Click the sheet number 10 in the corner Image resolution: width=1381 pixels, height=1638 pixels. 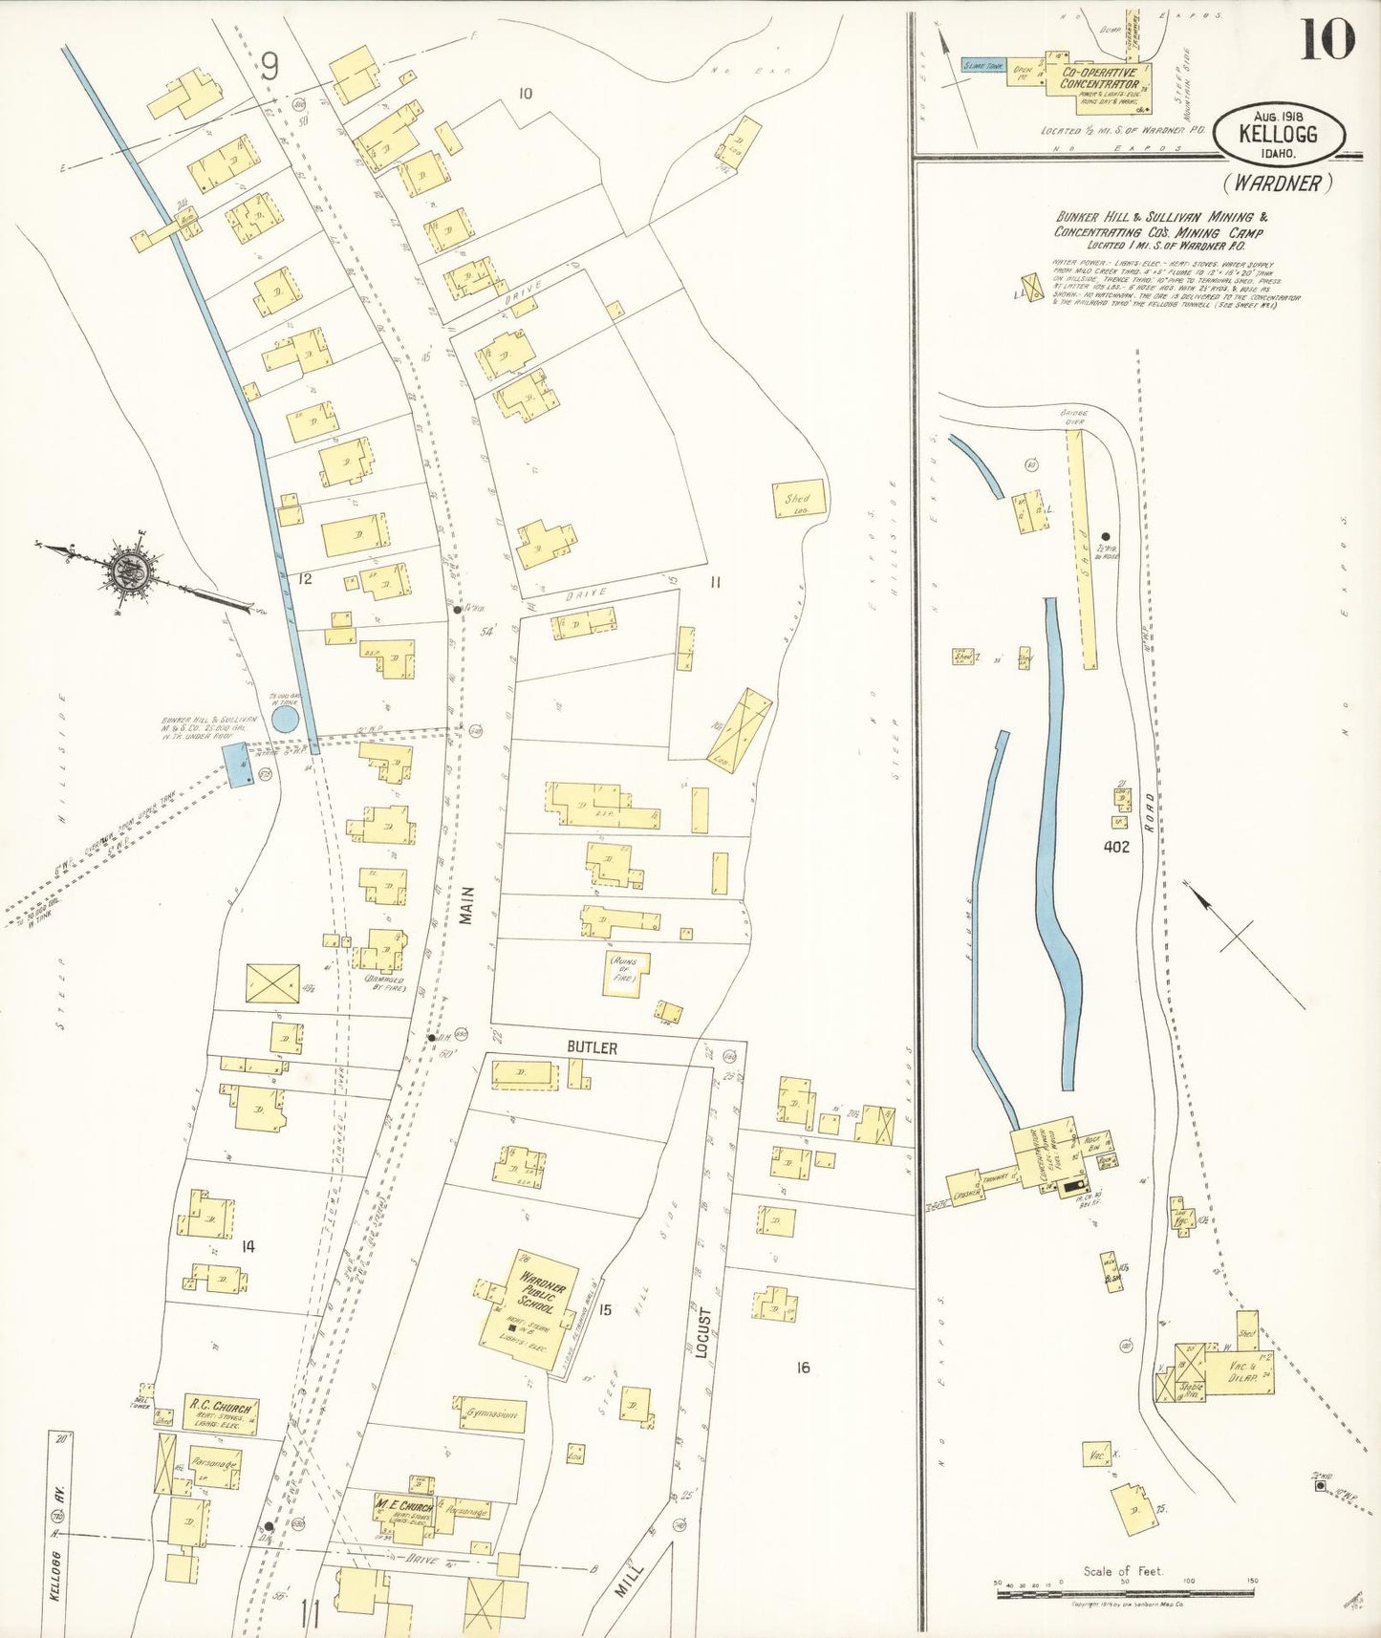pyautogui.click(x=1327, y=40)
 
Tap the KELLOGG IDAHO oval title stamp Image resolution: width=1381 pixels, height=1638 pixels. pyautogui.click(x=1279, y=134)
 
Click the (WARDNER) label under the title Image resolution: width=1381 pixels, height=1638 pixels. pyautogui.click(x=1278, y=183)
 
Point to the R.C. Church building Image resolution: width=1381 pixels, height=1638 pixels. pyautogui.click(x=221, y=1414)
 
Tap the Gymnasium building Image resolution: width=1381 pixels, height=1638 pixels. pyautogui.click(x=490, y=1413)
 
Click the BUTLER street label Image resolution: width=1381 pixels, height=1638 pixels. pyautogui.click(x=592, y=1048)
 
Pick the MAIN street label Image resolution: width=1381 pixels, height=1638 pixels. pyautogui.click(x=466, y=903)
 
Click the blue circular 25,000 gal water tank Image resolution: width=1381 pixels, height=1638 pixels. pyautogui.click(x=285, y=719)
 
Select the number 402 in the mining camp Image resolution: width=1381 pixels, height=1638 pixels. pyautogui.click(x=1115, y=847)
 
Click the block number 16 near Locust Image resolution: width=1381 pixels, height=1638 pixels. pyautogui.click(x=802, y=1368)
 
